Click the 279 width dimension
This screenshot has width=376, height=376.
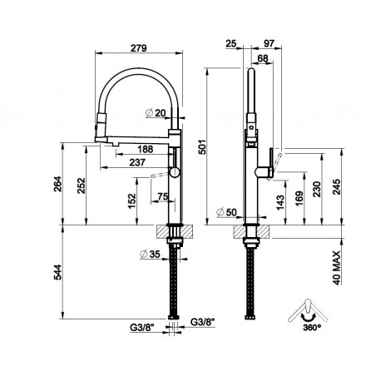click(139, 48)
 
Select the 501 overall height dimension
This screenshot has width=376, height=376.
click(203, 146)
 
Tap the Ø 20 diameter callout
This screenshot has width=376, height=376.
click(156, 113)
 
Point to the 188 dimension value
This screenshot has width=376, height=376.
click(146, 149)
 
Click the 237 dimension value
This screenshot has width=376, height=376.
click(137, 162)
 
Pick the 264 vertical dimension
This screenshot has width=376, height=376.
click(57, 184)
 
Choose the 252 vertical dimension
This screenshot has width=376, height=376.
click(81, 186)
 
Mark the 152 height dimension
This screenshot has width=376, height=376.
click(132, 201)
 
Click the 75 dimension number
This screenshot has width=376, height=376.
click(163, 196)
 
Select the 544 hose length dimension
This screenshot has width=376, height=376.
click(57, 272)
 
